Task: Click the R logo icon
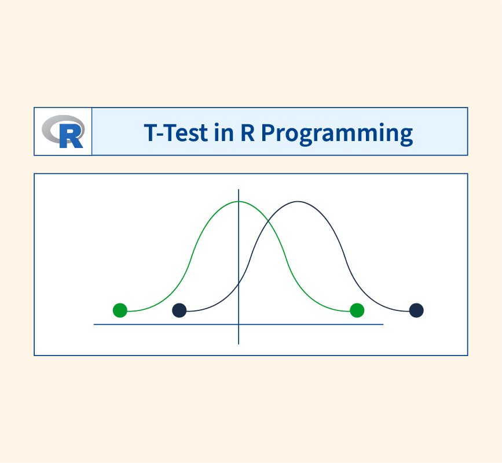click(63, 131)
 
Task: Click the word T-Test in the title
click(176, 132)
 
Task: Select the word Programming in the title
click(337, 134)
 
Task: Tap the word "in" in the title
click(224, 132)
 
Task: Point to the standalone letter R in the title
click(247, 132)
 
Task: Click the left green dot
click(120, 310)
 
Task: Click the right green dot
click(357, 310)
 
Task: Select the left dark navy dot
click(179, 310)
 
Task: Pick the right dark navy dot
click(416, 310)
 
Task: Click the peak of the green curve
click(239, 201)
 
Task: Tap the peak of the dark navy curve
click(298, 201)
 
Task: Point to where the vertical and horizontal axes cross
click(239, 324)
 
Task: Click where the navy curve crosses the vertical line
click(239, 283)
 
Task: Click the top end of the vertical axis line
click(239, 190)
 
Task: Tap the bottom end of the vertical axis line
click(239, 344)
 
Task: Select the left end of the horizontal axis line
click(94, 324)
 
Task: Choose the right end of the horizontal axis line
click(383, 324)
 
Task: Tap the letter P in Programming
click(268, 132)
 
